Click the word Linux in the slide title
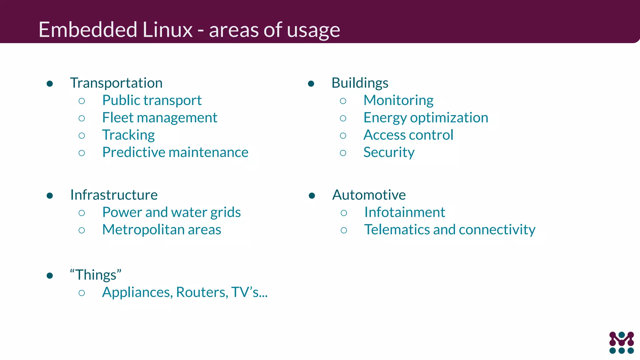167,30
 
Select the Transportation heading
116,83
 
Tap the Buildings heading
360,83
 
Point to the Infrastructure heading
114,195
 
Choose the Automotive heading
369,195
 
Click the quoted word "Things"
96,275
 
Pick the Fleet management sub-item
160,118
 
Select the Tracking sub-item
128,135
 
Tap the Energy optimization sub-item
426,118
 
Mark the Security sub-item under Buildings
389,152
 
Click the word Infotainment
404,212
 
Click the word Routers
202,292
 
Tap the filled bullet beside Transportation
50,83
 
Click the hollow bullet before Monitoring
343,101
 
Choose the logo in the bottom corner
621,342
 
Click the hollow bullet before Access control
343,136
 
